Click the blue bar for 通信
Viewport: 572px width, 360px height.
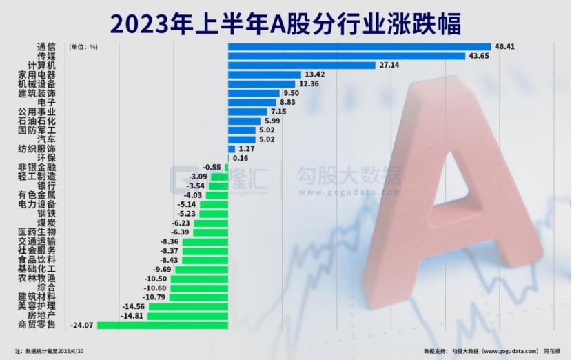(358, 47)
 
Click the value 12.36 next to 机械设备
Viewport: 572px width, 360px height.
(311, 83)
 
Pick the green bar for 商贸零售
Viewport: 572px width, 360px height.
(163, 325)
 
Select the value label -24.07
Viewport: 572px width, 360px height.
(83, 325)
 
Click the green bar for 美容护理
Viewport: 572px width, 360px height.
(187, 306)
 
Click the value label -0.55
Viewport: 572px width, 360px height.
(212, 167)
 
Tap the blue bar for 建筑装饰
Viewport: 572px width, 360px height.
(254, 93)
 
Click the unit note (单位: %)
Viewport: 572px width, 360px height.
(83, 48)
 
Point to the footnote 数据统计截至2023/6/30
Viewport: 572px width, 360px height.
(54, 351)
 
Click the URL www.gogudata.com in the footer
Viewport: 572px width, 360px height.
(502, 351)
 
